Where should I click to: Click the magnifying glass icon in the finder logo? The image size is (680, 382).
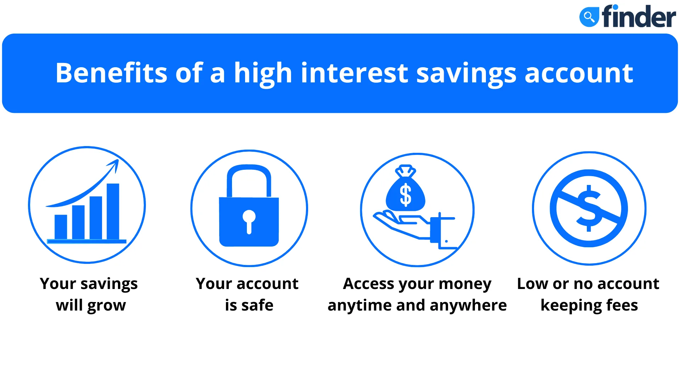coord(589,16)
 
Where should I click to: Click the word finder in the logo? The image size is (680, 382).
coord(639,16)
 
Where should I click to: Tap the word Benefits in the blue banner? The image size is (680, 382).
coord(111,73)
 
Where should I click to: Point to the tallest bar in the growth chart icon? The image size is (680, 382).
coord(113,212)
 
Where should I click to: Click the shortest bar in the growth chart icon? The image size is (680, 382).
coord(61,227)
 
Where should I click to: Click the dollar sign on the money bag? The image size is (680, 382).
coord(406,195)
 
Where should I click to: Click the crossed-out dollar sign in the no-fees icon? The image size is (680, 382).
coord(589,208)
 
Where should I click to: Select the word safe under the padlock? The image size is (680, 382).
coord(257,305)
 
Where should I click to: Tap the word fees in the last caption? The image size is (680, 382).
coord(622,305)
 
